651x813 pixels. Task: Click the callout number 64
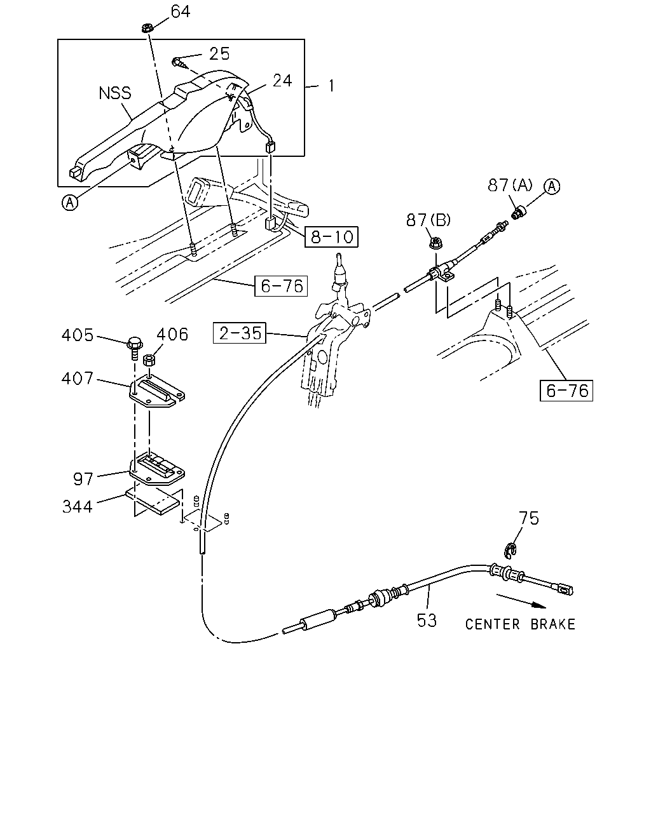point(181,11)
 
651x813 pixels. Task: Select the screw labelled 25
point(179,63)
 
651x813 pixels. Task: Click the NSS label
point(115,93)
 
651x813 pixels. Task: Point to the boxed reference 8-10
point(331,237)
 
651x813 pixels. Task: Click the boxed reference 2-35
point(240,333)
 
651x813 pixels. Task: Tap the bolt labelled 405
point(134,347)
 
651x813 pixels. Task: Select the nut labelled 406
point(149,359)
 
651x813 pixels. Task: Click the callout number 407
point(78,379)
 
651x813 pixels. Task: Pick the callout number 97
point(83,480)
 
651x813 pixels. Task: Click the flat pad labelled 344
point(153,501)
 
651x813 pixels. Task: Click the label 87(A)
point(510,185)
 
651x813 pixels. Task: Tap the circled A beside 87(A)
point(552,187)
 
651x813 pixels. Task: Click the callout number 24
point(282,81)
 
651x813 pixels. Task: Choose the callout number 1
point(331,86)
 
